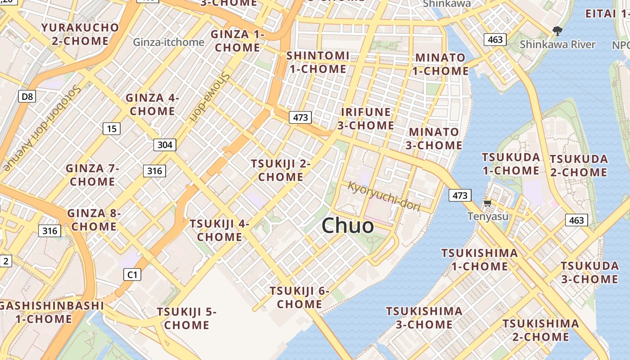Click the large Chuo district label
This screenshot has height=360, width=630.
pos(347,225)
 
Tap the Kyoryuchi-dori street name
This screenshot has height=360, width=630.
pos(384,196)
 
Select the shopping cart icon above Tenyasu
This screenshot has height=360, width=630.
pos(487,203)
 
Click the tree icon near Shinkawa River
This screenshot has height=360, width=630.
pos(558,31)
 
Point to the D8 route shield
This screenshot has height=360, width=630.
pos(27,96)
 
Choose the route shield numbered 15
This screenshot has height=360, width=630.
pos(112,129)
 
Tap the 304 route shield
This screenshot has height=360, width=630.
pos(165,145)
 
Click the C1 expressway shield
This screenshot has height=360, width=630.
pos(132,274)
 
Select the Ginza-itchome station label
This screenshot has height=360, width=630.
pos(169,42)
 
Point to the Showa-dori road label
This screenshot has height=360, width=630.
pos(210,97)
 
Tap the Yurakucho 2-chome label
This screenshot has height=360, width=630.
pos(80,34)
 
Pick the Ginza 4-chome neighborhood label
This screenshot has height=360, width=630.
pos(152,104)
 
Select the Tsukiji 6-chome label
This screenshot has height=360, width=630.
pos(300,297)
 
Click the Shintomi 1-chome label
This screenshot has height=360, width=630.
pos(318,63)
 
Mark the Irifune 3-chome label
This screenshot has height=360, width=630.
pos(366,118)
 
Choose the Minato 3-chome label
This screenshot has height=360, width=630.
pos(434,139)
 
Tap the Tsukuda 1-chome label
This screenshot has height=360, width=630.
pos(511,164)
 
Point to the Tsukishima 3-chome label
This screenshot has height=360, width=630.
pos(424,318)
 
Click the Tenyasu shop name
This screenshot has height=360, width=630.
pos(488,216)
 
